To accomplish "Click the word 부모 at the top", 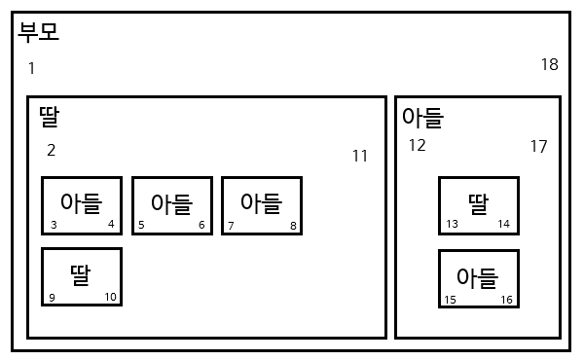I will [39, 33].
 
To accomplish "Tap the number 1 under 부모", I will [31, 68].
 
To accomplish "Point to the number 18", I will [550, 65].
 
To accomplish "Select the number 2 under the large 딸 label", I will [52, 150].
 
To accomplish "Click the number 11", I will [360, 156].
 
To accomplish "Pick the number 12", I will [417, 146].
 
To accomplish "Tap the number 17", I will [538, 147].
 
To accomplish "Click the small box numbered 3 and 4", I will [82, 205].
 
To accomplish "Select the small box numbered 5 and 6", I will [172, 205].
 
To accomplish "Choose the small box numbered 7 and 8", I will [262, 205].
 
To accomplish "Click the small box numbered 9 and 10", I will [82, 277].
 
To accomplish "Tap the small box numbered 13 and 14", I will [478, 206].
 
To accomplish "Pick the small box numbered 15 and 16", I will [478, 279].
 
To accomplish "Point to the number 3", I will [54, 226].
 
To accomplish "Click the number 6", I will [201, 226].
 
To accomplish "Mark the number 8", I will [293, 226].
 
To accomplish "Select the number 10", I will [110, 297].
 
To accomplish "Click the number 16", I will [506, 300].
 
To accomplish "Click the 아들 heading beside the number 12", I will [422, 119].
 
